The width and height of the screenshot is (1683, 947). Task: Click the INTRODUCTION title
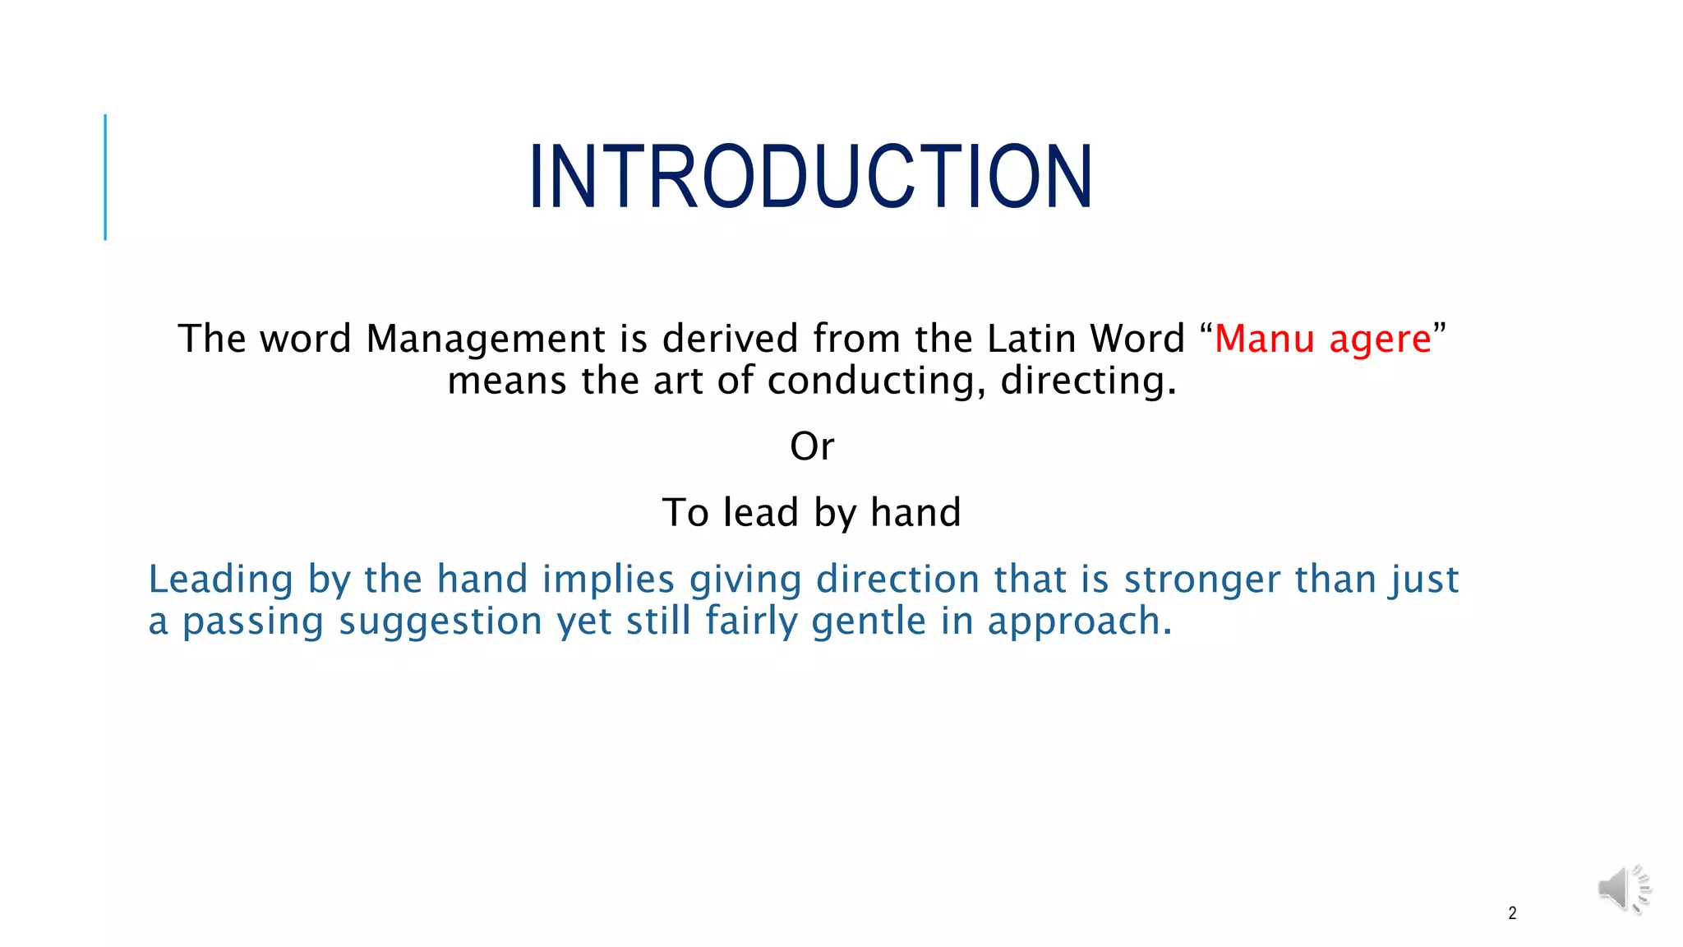click(810, 177)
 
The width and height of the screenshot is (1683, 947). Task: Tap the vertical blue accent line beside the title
click(105, 177)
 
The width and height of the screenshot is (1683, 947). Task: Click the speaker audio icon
click(1623, 889)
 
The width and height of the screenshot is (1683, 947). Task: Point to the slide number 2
click(1512, 913)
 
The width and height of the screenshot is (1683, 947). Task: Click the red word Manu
click(1264, 339)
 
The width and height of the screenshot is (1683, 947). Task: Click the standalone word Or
click(812, 447)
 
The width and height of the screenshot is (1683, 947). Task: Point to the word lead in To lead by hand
click(760, 513)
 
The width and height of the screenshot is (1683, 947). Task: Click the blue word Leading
click(220, 580)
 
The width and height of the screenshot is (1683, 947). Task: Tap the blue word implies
click(608, 580)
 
